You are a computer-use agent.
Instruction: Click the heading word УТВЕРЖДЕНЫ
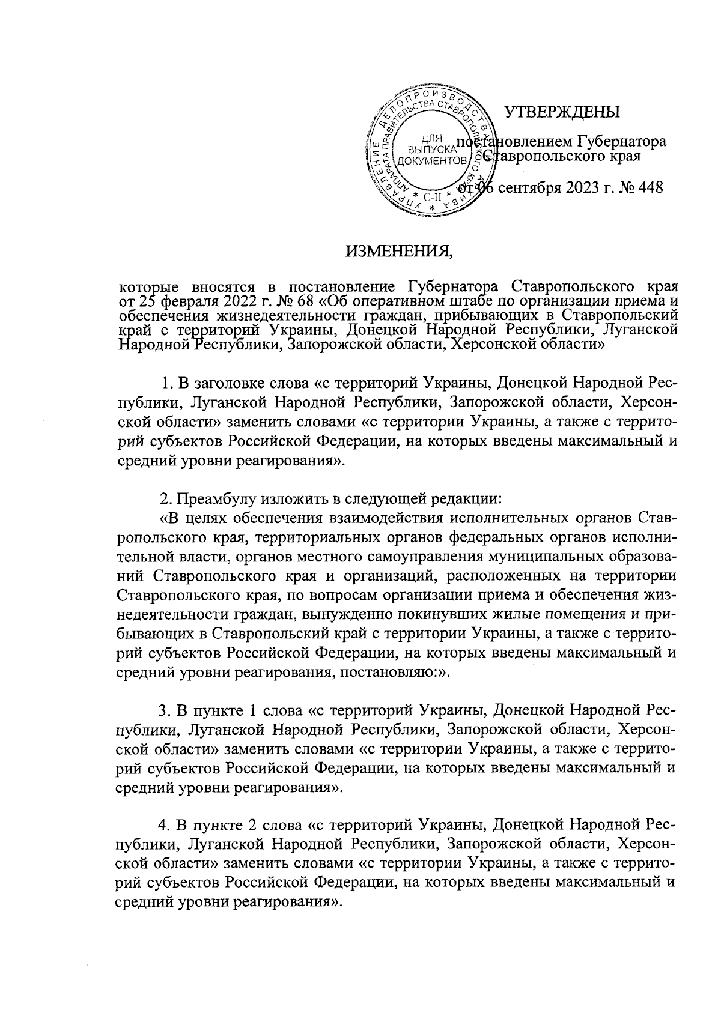click(x=561, y=112)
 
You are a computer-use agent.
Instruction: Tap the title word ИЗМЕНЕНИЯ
click(x=398, y=250)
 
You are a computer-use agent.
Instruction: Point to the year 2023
click(x=583, y=187)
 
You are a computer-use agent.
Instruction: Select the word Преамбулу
click(x=210, y=499)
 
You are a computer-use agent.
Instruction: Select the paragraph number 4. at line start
click(x=163, y=826)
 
